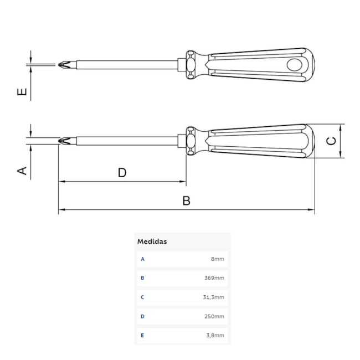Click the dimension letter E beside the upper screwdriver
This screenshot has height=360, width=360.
[x=22, y=91]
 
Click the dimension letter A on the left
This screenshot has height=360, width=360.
[x=22, y=171]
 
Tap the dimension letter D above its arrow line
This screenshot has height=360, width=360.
[x=122, y=172]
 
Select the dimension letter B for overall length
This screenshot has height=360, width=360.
[x=187, y=200]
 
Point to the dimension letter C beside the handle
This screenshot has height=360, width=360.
[x=331, y=141]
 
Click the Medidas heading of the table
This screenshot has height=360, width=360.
[x=152, y=241]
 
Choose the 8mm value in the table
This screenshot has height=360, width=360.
[x=218, y=259]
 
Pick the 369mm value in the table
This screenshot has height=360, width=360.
[x=214, y=278]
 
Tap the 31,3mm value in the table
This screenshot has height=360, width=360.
[x=214, y=297]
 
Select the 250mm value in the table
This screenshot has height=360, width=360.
[x=214, y=316]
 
